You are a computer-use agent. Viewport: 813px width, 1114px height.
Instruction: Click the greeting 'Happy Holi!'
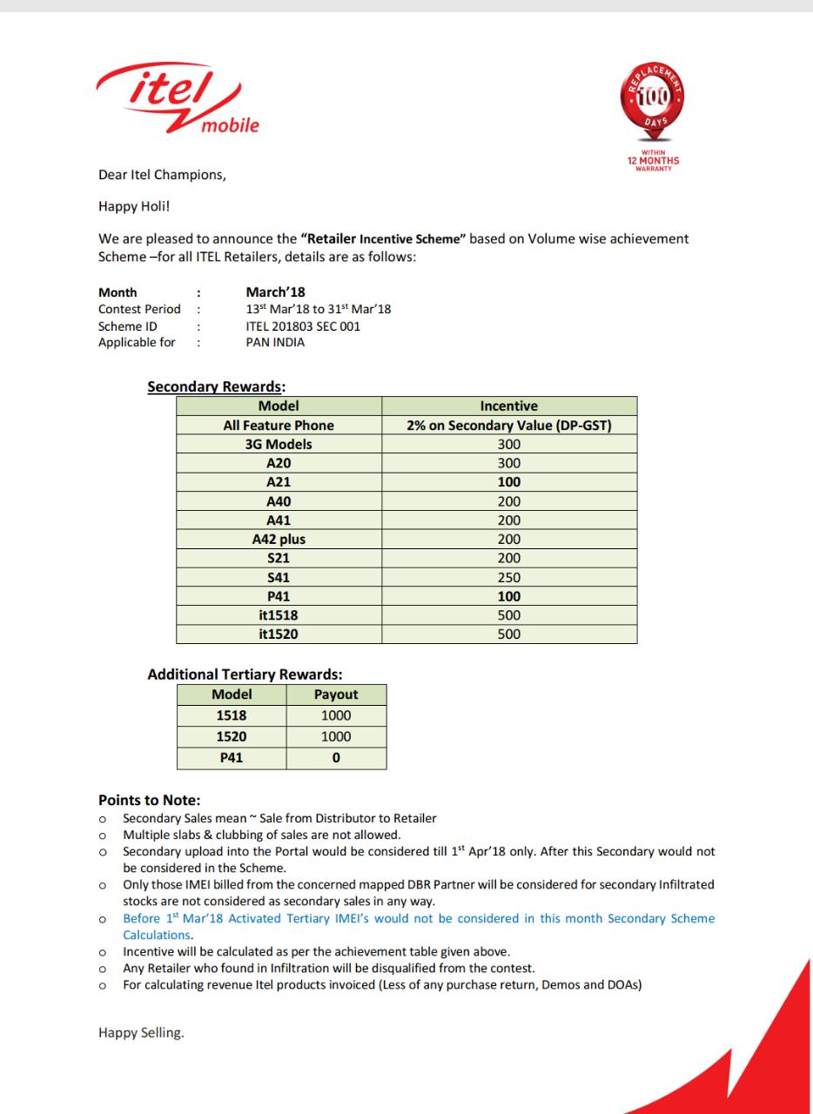click(x=132, y=206)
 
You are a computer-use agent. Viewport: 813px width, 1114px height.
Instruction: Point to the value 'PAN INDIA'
click(x=275, y=342)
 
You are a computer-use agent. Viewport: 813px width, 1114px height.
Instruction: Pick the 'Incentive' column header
click(x=508, y=406)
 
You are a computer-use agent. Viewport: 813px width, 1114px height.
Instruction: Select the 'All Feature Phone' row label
click(x=279, y=426)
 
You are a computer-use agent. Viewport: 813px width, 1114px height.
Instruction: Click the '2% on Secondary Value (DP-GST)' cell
click(x=508, y=426)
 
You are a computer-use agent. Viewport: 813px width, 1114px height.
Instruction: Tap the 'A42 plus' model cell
click(x=279, y=539)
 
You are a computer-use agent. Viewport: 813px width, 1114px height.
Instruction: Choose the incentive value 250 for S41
click(x=508, y=577)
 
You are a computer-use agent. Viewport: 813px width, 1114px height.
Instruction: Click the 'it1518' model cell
click(x=279, y=615)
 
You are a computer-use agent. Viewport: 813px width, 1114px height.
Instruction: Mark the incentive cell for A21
click(x=508, y=482)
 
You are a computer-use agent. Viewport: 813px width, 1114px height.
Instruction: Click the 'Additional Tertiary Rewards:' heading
click(x=245, y=674)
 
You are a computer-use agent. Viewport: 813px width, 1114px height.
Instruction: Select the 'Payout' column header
click(x=336, y=695)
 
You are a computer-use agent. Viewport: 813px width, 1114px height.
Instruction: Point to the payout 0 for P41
click(x=336, y=758)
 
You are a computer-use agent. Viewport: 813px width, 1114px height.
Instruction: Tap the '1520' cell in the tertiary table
click(x=232, y=736)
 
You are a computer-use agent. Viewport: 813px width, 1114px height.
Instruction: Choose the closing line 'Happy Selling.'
click(x=141, y=1033)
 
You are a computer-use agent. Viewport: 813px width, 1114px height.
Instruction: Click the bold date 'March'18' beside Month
click(x=275, y=292)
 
